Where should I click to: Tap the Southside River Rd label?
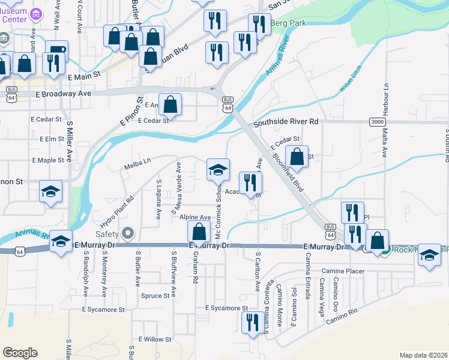[285, 122]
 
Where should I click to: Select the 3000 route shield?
[378, 122]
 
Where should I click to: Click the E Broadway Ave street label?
[63, 94]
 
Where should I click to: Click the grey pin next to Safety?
[127, 232]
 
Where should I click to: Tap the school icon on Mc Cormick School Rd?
[218, 169]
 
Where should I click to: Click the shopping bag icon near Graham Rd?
[199, 232]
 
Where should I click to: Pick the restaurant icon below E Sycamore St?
[252, 322]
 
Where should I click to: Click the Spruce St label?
[155, 296]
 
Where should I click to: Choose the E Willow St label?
[155, 340]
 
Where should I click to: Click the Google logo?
[20, 353]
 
